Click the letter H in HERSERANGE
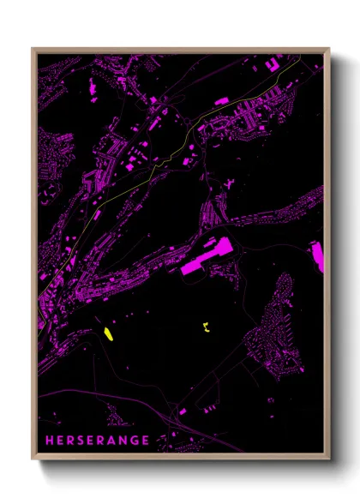[x=51, y=441]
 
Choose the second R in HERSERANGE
[x=102, y=441]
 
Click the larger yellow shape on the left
[x=109, y=333]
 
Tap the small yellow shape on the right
[x=206, y=327]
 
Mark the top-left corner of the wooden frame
[x=33, y=48]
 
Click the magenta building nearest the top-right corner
[x=277, y=62]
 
